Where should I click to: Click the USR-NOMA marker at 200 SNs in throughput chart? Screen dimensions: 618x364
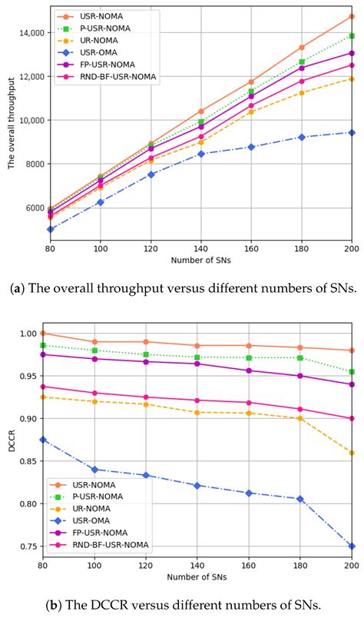(x=352, y=16)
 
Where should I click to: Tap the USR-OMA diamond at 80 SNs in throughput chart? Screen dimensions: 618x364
(x=51, y=229)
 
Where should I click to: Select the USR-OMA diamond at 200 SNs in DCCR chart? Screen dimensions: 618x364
(x=352, y=546)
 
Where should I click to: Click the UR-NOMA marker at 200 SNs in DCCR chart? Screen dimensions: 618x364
(x=352, y=453)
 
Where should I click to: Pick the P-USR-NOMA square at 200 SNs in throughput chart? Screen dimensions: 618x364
(x=352, y=35)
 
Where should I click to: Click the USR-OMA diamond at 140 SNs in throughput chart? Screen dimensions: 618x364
(x=201, y=154)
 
